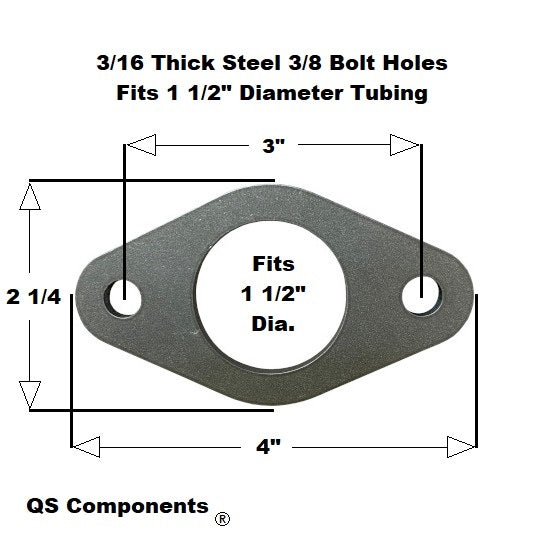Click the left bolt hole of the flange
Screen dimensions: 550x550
point(125,299)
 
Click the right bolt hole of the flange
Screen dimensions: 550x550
point(421,295)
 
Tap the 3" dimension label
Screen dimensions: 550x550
point(274,145)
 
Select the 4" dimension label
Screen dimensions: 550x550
point(268,447)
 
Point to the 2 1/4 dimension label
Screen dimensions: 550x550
point(34,297)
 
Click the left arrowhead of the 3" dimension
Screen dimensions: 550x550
point(141,145)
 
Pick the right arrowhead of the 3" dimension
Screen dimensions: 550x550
point(404,145)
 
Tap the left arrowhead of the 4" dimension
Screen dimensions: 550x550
point(86,447)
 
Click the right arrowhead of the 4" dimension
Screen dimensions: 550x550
point(462,447)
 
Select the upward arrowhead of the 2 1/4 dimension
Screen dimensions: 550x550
point(30,196)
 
